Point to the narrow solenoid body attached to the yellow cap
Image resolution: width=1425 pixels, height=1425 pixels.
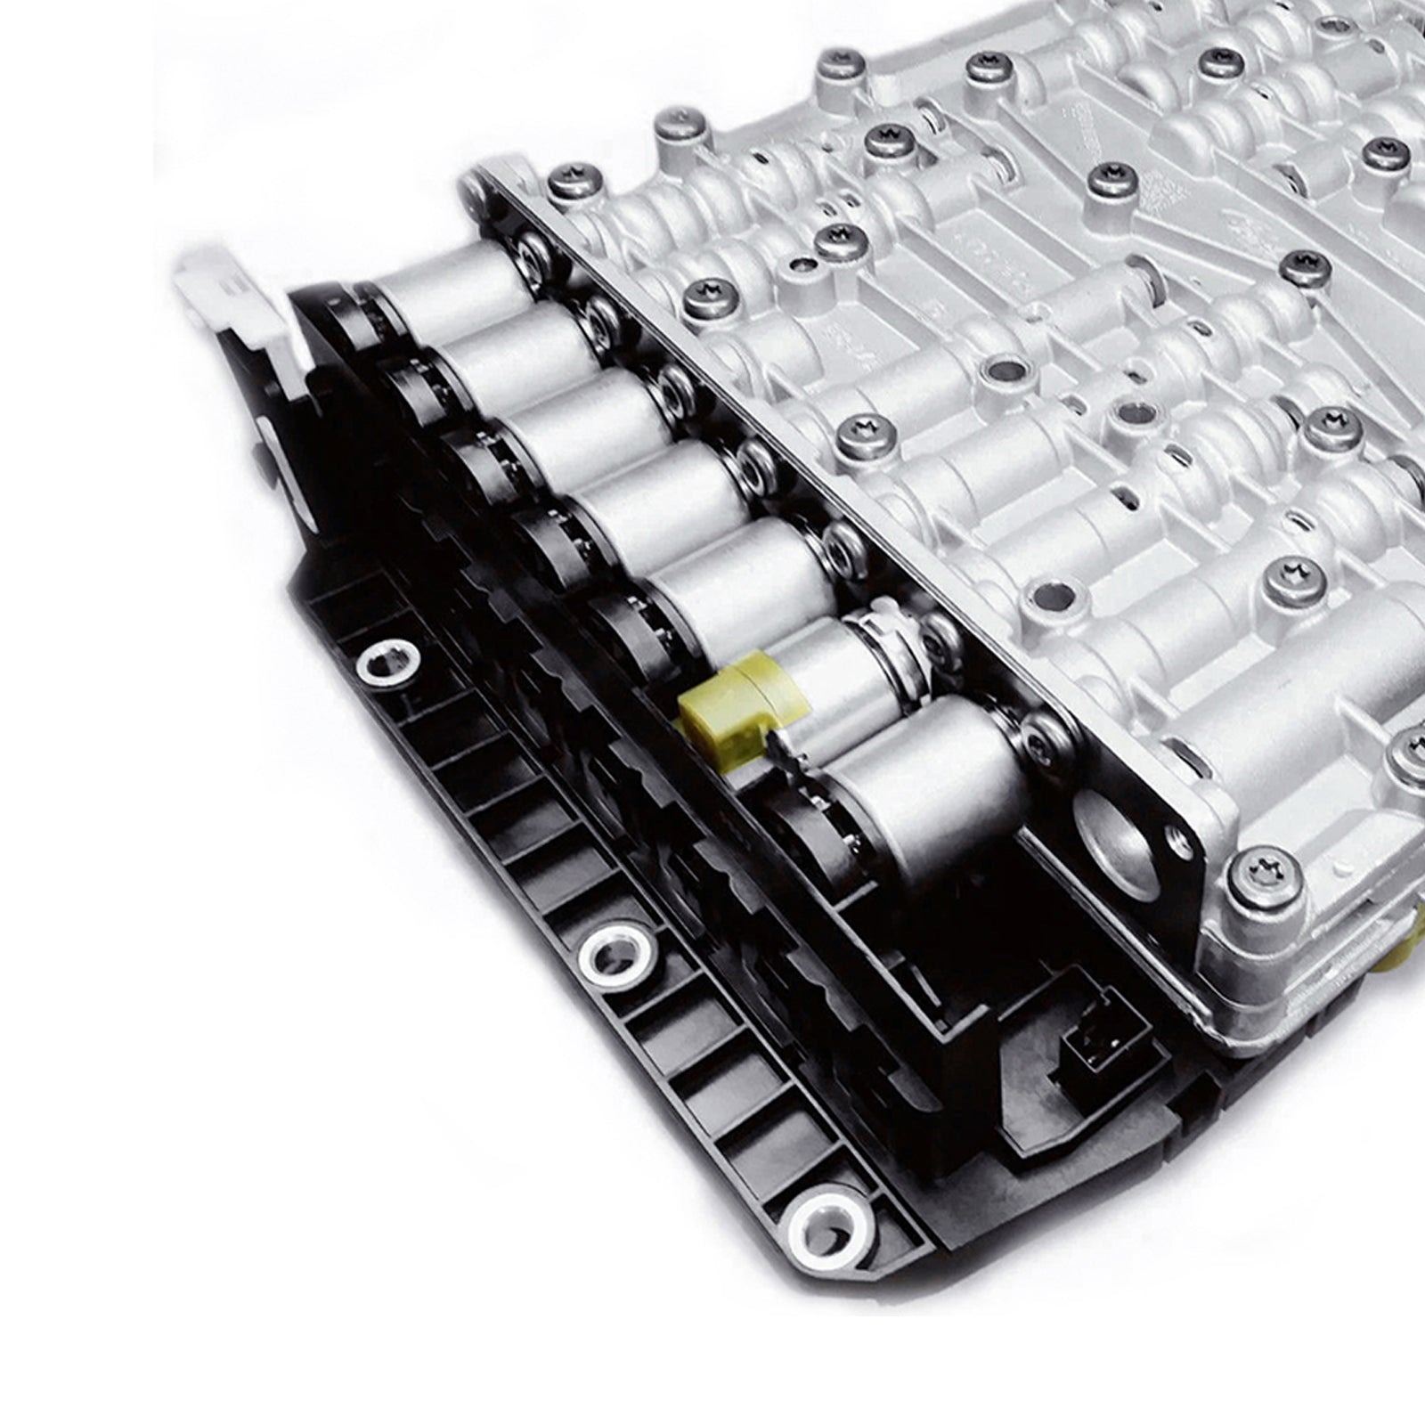pos(828,677)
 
